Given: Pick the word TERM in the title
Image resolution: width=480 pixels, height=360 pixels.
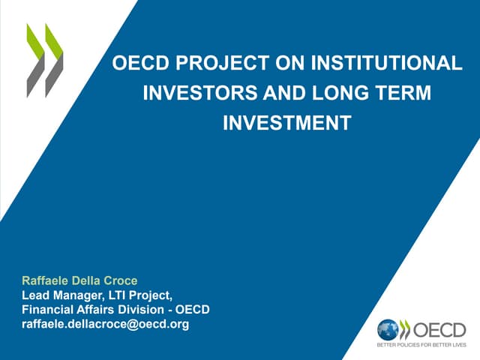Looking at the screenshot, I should [398, 94].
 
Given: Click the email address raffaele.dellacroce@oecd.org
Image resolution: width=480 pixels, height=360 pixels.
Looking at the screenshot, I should [105, 324].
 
